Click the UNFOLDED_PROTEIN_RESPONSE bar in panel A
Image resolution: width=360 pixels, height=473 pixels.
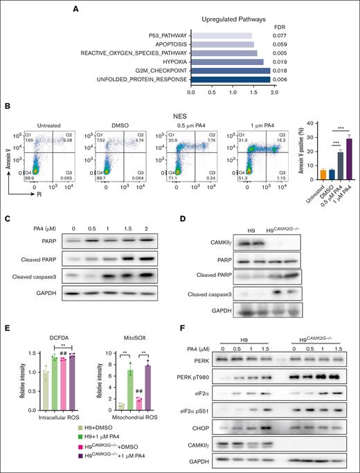click(x=228, y=79)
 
